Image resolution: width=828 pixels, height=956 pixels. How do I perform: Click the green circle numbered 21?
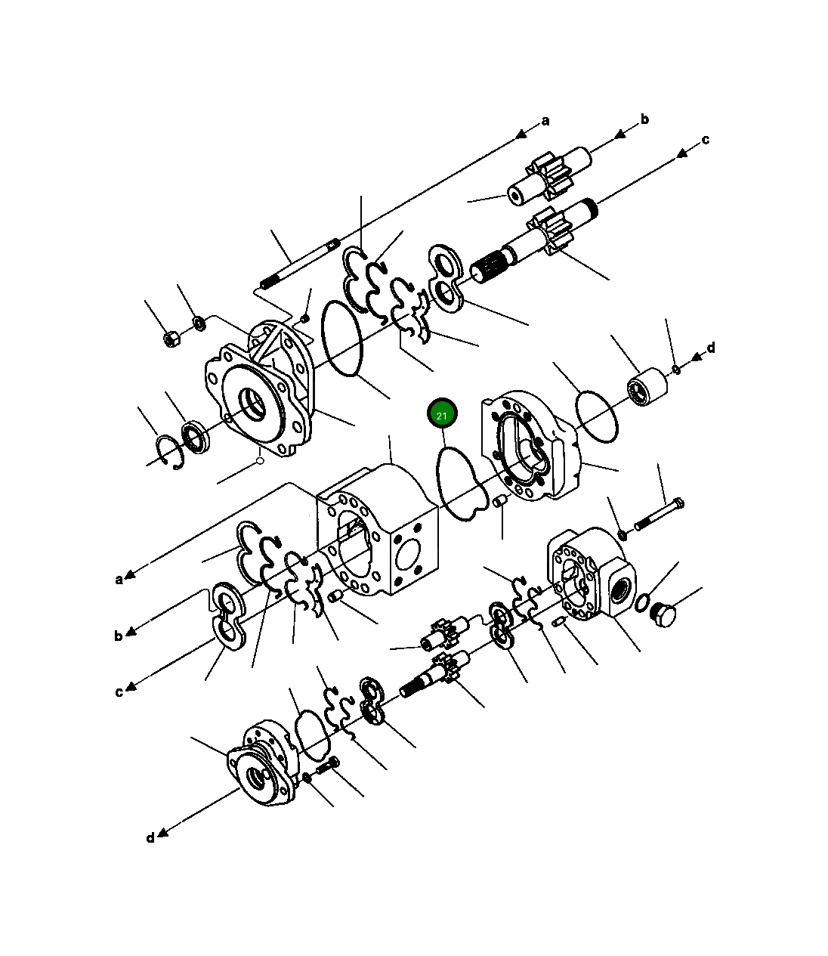coord(442,415)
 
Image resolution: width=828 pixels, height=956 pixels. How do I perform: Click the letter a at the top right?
coord(545,121)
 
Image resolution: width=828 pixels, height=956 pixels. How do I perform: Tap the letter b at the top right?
coord(644,119)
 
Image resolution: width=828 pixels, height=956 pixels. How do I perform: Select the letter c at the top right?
coord(705,140)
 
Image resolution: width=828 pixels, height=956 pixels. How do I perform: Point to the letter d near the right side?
coord(710,348)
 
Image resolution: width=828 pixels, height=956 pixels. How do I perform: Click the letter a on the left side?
coord(119,580)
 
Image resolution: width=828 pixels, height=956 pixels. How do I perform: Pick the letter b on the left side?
coord(119,636)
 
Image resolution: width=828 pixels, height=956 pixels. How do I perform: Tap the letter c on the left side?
coord(119,692)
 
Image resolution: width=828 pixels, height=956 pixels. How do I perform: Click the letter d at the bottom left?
coord(150,837)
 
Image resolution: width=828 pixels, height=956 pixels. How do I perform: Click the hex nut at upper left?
coord(171,339)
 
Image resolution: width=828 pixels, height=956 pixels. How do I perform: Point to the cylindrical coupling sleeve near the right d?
coord(647,388)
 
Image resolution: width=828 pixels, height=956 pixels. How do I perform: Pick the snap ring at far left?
coord(170,450)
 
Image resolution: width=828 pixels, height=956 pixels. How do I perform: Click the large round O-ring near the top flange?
coord(342,337)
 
